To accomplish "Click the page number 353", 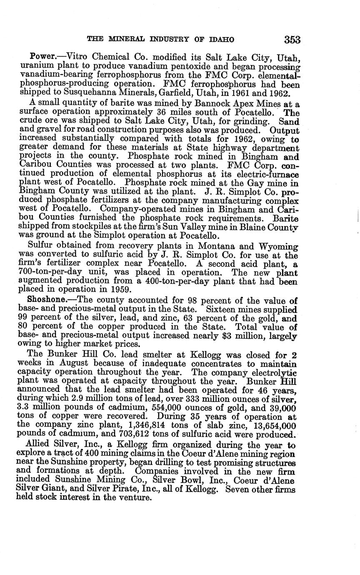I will point(292,40).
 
